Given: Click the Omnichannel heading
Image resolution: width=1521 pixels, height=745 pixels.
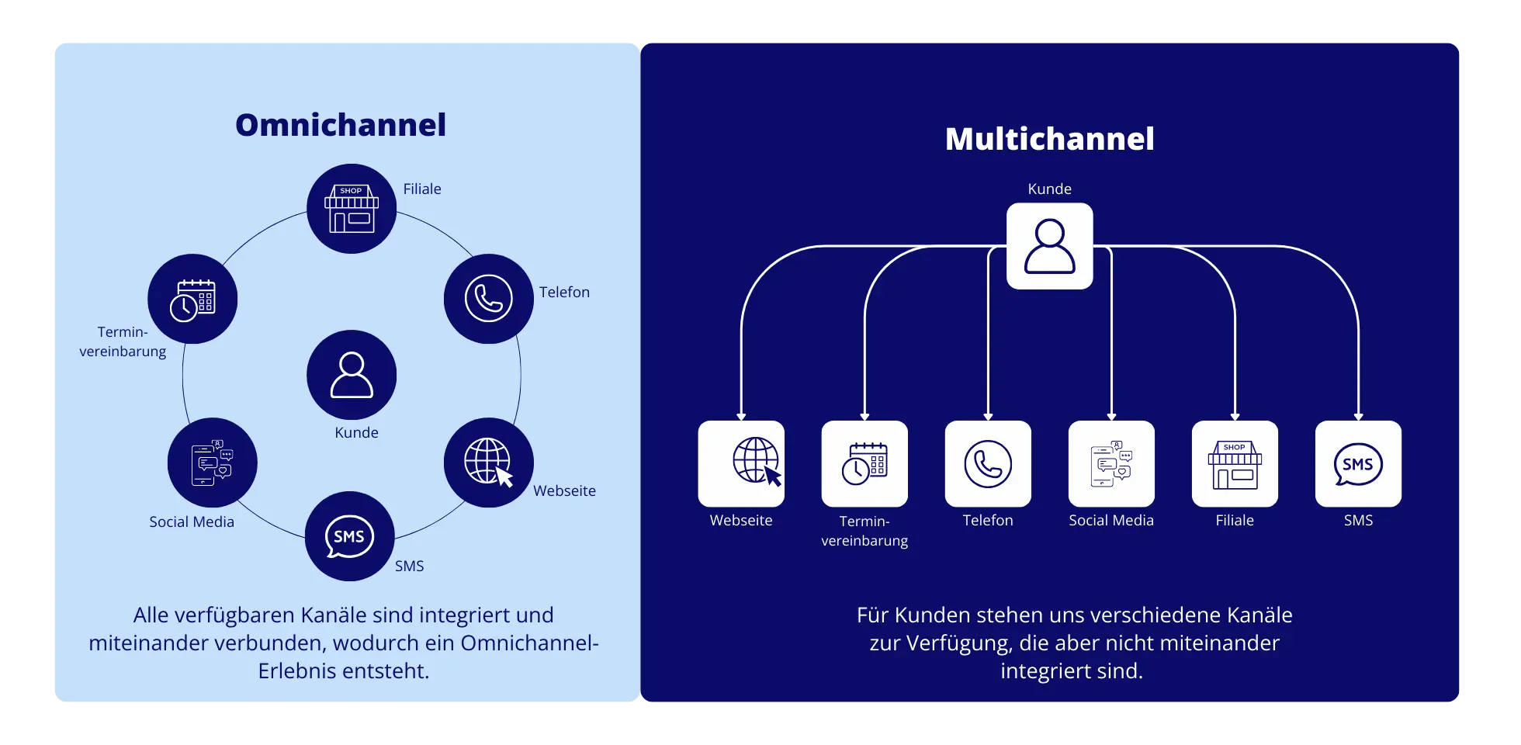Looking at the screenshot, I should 341,125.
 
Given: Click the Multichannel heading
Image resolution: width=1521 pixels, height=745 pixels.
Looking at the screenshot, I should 1049,139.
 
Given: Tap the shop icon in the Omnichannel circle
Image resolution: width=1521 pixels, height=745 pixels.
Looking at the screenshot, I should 352,209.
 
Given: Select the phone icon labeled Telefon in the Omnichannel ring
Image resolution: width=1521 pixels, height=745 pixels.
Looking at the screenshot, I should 489,299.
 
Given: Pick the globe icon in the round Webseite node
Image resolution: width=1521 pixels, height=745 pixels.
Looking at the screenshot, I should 489,463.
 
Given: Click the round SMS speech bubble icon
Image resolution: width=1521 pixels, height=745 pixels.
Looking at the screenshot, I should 349,536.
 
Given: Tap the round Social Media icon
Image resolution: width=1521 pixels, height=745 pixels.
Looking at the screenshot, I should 212,463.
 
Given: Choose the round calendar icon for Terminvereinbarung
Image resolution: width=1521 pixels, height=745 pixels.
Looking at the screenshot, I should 192,300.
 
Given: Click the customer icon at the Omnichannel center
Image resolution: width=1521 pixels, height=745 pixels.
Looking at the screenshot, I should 352,376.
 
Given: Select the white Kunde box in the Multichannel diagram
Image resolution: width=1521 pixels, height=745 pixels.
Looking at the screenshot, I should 1049,246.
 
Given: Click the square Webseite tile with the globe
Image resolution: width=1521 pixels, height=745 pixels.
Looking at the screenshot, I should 741,463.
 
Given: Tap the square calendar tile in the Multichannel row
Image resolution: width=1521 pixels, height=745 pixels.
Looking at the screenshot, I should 864,463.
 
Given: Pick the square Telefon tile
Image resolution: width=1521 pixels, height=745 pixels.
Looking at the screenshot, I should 988,463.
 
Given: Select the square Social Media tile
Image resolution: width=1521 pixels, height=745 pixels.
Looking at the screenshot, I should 1111,463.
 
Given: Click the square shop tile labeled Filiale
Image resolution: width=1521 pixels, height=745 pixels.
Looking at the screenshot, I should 1235,463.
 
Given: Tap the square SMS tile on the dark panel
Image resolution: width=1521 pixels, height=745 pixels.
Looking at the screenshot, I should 1358,463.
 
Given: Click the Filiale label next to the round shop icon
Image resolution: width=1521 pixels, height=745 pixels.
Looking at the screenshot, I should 422,189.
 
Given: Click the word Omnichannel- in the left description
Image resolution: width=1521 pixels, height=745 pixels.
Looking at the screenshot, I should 529,643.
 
